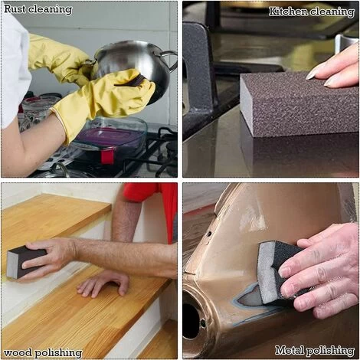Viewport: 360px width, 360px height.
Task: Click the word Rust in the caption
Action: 15,9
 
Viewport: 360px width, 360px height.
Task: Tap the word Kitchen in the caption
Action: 288,11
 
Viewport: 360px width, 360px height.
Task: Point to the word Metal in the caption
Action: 290,350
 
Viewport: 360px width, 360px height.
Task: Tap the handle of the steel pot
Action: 169,60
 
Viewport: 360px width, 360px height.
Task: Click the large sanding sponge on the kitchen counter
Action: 299,105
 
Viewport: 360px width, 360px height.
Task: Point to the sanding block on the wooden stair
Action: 25,263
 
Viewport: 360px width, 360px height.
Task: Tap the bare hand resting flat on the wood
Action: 103,283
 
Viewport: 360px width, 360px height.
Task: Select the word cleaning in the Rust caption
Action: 50,10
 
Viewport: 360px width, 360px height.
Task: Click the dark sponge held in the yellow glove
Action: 133,80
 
